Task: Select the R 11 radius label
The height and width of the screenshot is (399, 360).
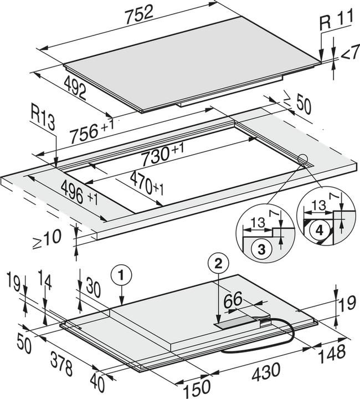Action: click(336, 23)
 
